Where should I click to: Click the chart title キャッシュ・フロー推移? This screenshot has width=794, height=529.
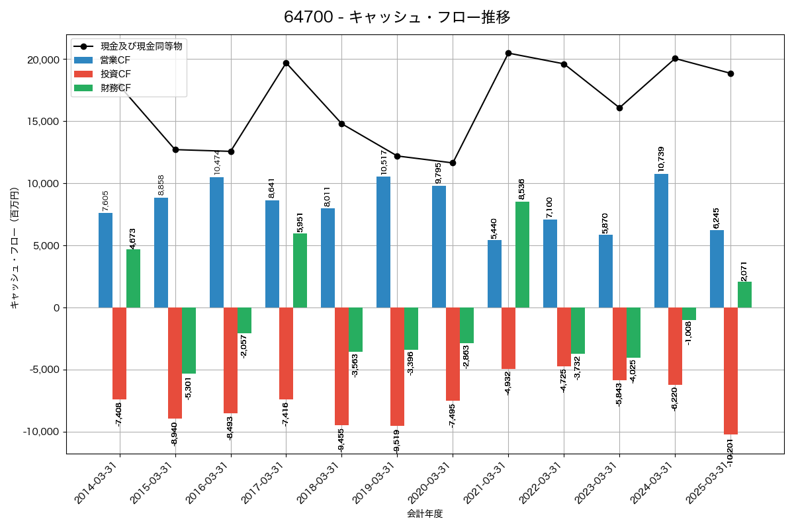(x=397, y=17)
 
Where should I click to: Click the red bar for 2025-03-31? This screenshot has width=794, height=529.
(x=730, y=371)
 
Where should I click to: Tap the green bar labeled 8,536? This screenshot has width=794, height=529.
(x=522, y=255)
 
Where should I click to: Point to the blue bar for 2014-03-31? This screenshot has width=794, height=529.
(x=105, y=261)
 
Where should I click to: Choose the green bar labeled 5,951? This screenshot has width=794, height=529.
(x=300, y=270)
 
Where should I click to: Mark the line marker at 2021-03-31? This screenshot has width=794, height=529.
(x=508, y=53)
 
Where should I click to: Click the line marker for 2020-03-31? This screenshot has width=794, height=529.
(x=453, y=163)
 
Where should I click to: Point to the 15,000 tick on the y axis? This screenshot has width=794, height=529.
(x=42, y=122)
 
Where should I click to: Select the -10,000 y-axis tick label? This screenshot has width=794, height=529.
(x=39, y=432)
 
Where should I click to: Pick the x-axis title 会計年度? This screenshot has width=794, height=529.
(x=424, y=514)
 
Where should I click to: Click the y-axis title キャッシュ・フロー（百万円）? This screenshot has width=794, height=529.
(x=14, y=248)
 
